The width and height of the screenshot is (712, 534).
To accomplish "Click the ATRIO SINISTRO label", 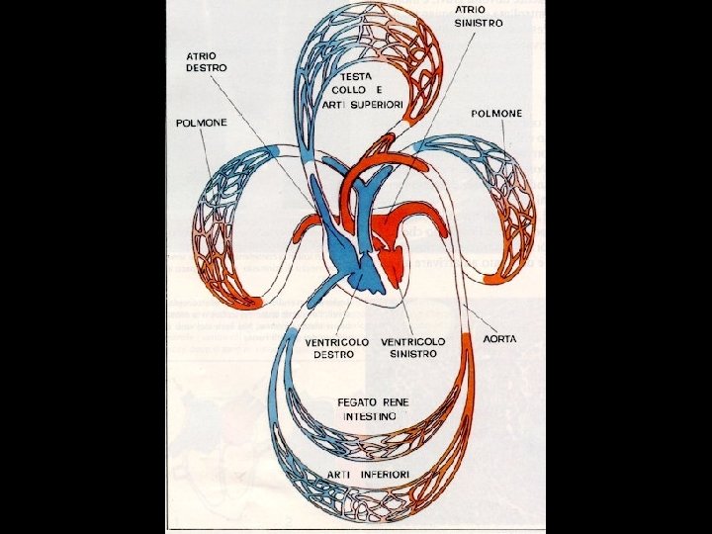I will (x=479, y=15).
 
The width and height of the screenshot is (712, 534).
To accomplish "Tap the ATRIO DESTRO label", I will (x=207, y=61).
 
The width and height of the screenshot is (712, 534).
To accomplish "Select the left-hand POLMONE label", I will (x=202, y=123).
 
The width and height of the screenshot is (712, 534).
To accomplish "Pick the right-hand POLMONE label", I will (x=496, y=114).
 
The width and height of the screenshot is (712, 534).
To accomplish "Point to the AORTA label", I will (x=499, y=338).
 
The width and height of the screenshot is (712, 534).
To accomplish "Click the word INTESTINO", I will (x=371, y=417).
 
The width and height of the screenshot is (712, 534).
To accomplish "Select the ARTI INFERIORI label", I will (x=370, y=476).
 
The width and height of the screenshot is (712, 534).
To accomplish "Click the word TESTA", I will (x=355, y=76).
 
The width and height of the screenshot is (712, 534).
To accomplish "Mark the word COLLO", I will (x=349, y=91).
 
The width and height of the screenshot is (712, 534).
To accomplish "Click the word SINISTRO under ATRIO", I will (x=479, y=22).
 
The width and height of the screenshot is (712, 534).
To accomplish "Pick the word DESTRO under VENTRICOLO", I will (x=333, y=354).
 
